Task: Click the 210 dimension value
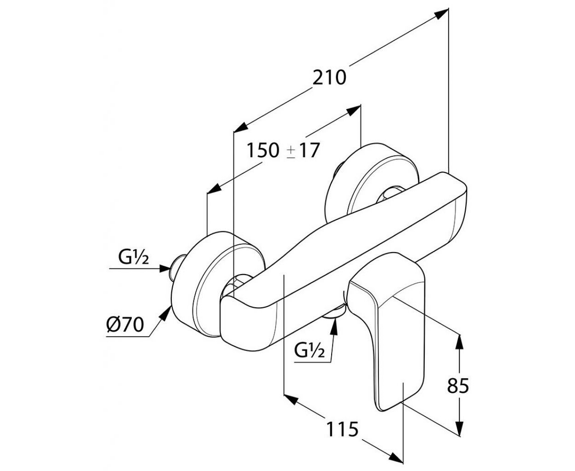pos(329,78)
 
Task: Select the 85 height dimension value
pos(458,385)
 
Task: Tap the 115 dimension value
pos(342,429)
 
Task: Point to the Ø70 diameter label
pos(125,325)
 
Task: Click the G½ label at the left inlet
pos(133,257)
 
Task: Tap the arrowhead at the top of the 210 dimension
pos(441,14)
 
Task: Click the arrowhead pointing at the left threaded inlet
pos(165,269)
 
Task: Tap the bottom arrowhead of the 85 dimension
pos(460,428)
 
